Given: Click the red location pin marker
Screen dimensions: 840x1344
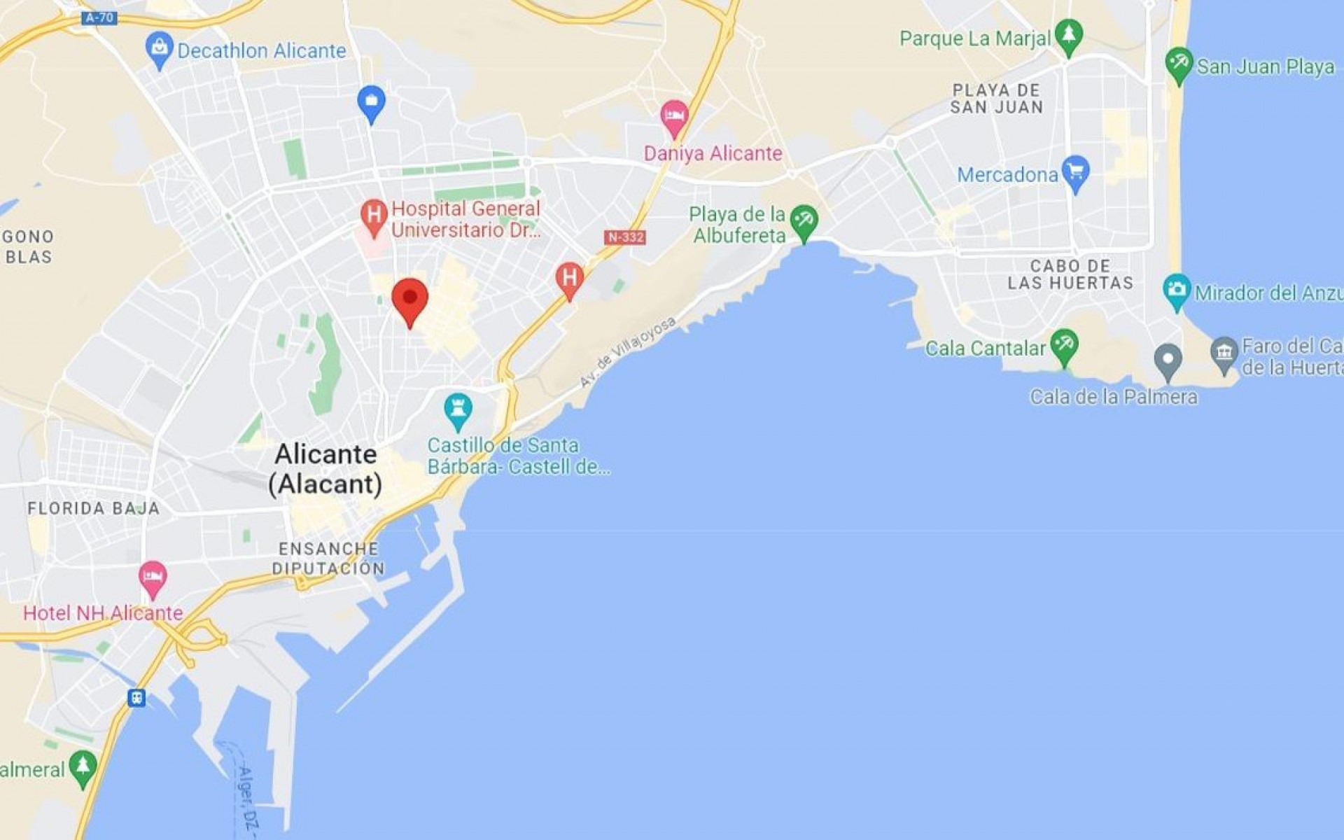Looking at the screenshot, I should pos(409,300).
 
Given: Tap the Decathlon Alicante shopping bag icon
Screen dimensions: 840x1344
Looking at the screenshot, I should pos(160,48).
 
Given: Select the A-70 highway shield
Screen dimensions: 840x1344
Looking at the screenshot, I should pos(99,18).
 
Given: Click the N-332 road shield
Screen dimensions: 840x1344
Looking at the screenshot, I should pos(624,237).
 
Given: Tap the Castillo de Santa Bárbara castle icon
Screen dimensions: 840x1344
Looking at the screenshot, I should pos(458,409).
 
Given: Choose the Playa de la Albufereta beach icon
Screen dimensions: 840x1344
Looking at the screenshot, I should pos(804,220).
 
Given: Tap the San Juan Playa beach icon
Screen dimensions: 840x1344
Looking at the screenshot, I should pos(1179,64).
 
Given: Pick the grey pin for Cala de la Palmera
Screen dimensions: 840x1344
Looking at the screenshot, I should pos(1167,360).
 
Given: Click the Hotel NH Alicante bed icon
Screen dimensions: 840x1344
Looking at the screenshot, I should pos(153,578).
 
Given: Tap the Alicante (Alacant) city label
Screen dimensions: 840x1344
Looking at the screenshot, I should pos(325,469).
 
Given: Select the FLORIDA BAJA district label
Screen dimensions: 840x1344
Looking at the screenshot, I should pos(94,508).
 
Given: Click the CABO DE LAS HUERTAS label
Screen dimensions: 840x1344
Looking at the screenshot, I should pos(1070,274).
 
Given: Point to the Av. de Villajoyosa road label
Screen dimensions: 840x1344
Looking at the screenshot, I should pos(628,351).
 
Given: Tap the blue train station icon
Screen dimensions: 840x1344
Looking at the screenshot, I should pos(136,698).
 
